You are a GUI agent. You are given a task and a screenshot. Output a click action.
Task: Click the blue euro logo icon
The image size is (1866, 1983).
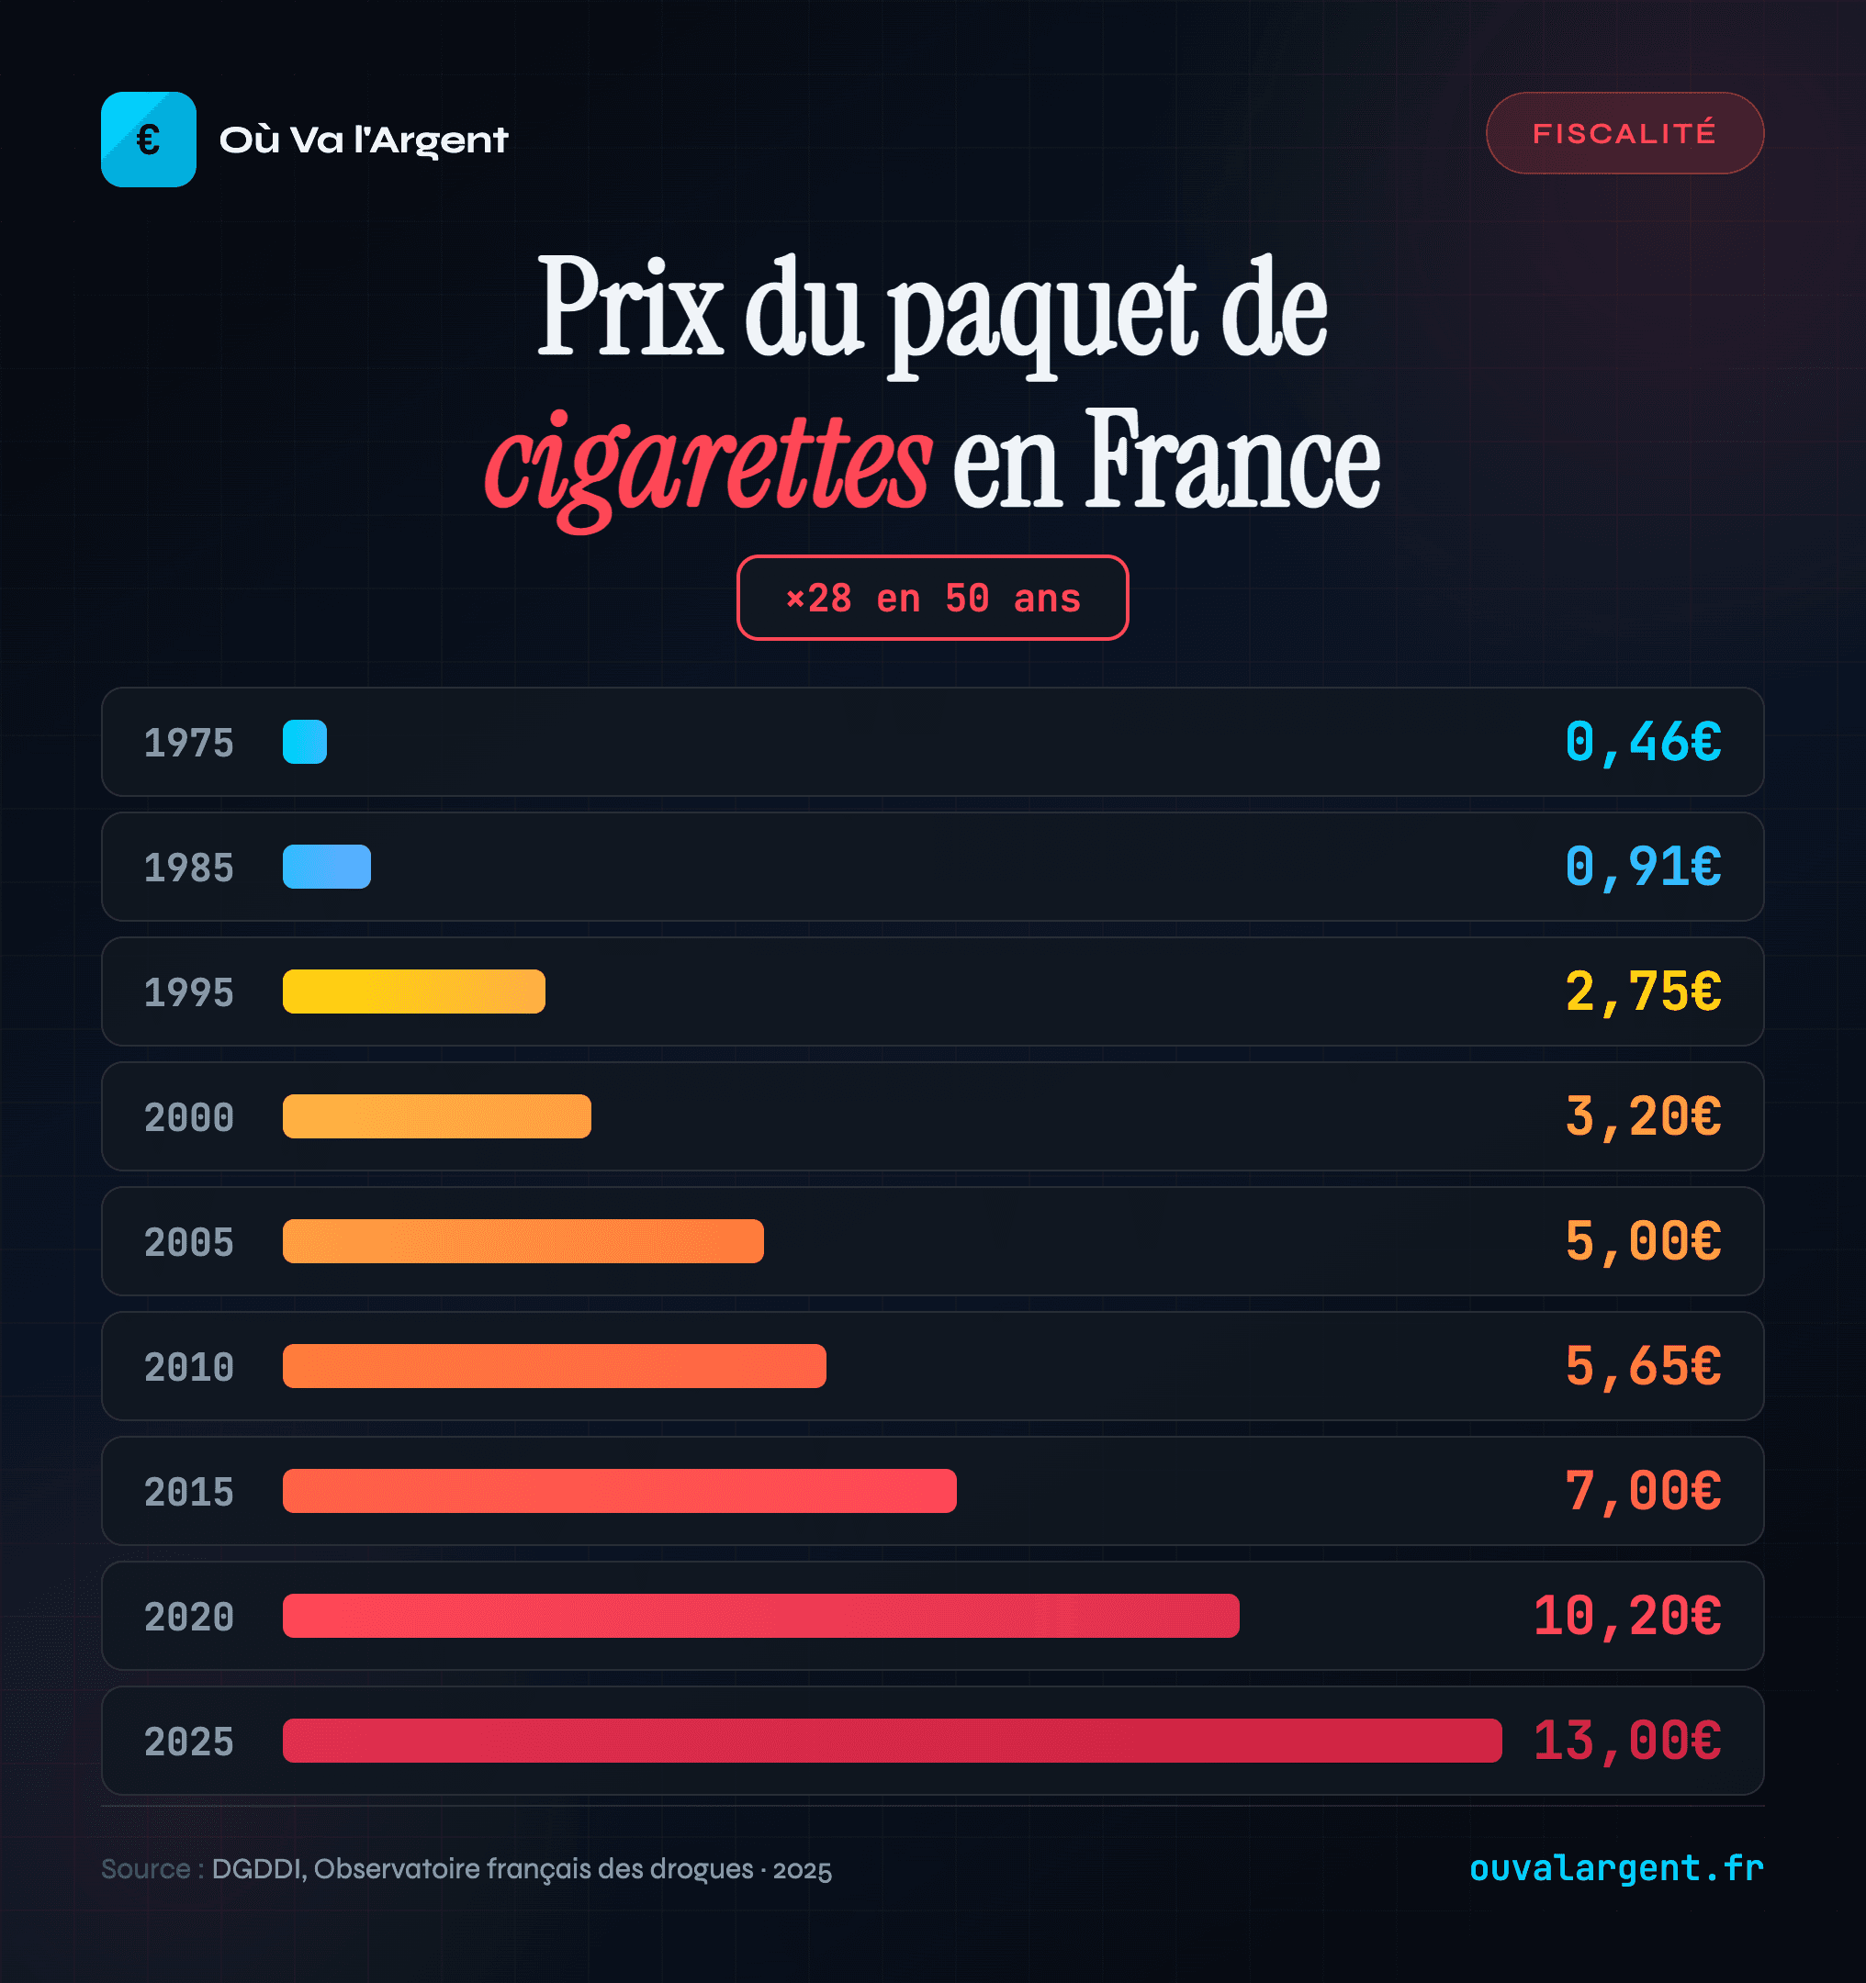point(148,140)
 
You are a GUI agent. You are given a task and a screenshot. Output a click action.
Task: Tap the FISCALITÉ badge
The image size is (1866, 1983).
point(1624,133)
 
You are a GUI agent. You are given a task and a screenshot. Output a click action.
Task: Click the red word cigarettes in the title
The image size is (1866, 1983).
point(709,465)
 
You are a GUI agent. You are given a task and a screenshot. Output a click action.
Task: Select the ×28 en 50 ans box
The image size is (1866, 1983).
point(932,598)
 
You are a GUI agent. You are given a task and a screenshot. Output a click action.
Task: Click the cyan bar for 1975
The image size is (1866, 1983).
point(304,742)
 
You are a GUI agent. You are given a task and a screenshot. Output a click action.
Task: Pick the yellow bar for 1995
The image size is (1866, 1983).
point(413,991)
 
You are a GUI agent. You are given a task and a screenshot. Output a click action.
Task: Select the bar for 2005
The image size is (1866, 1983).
point(523,1241)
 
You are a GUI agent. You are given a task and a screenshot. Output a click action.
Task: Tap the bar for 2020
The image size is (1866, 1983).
point(760,1616)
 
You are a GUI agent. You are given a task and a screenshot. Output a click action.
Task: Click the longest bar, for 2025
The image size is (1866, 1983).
point(891,1741)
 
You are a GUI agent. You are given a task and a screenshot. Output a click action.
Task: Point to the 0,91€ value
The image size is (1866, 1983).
point(1643,867)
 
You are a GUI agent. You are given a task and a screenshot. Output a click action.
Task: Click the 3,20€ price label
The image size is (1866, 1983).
point(1643,1116)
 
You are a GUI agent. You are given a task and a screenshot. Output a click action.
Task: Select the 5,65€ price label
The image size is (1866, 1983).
point(1643,1365)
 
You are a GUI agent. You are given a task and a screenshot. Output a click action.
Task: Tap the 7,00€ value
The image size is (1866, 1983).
point(1643,1491)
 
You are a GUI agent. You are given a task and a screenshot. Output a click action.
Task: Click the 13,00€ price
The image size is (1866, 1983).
point(1626,1741)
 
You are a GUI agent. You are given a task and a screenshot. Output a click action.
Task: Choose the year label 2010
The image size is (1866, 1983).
point(188,1368)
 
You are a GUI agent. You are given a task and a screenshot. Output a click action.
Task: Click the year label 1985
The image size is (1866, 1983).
point(188,868)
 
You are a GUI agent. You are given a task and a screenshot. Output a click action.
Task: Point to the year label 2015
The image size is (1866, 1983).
point(188,1492)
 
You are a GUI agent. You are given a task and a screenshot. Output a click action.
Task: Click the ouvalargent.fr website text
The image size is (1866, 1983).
point(1615,1867)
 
